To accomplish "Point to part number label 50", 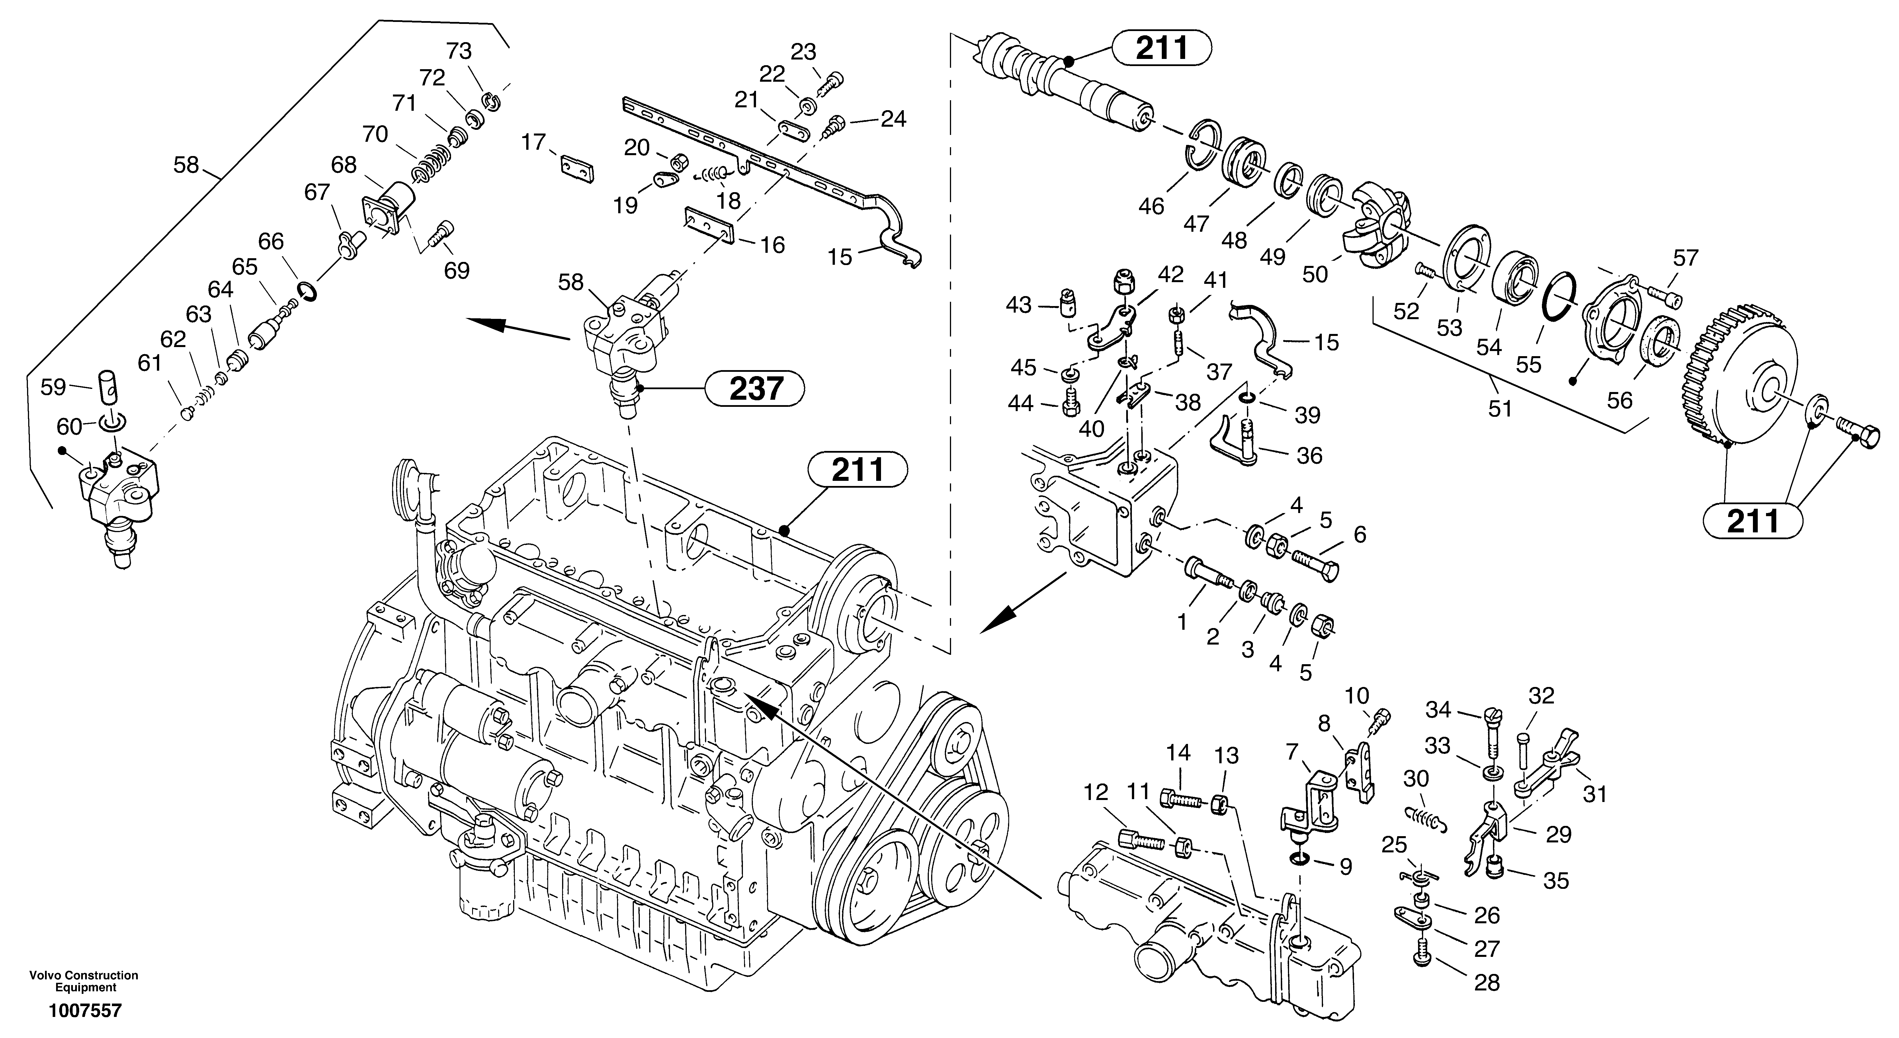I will [1314, 274].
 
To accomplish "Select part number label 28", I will [1487, 983].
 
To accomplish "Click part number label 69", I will [457, 270].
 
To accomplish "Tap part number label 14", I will [1178, 753].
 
